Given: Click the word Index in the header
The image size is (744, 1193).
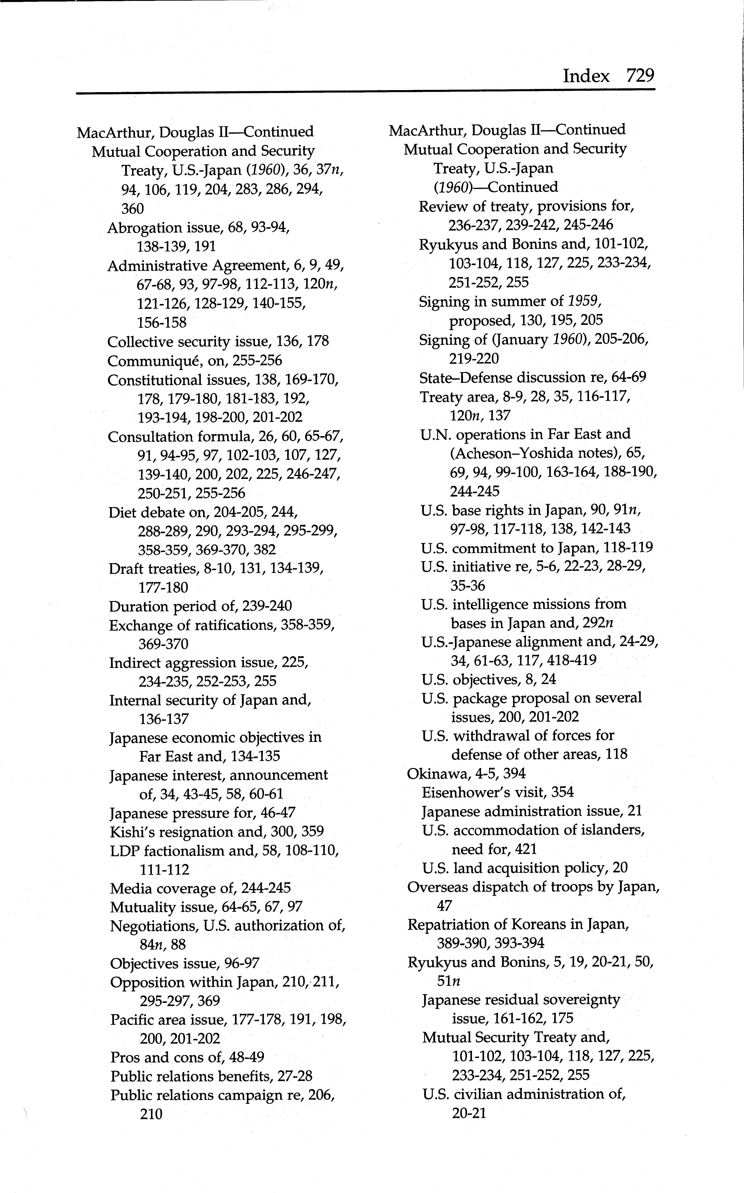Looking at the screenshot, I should (586, 76).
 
